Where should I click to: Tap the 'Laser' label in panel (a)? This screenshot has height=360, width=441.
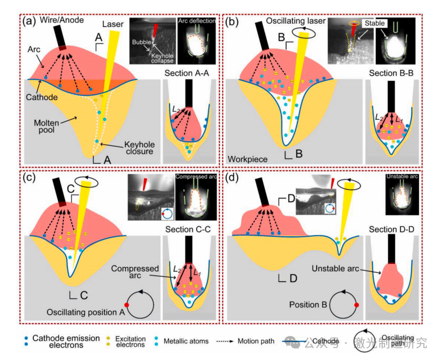tap(114, 24)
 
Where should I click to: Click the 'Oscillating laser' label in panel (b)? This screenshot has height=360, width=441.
tap(296, 21)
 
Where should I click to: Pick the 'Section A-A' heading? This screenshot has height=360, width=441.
tap(188, 73)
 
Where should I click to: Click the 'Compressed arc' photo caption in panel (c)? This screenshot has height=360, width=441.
tap(197, 177)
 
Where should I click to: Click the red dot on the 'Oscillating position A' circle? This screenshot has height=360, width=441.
tap(128, 305)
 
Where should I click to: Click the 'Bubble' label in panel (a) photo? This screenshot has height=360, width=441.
tap(141, 42)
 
